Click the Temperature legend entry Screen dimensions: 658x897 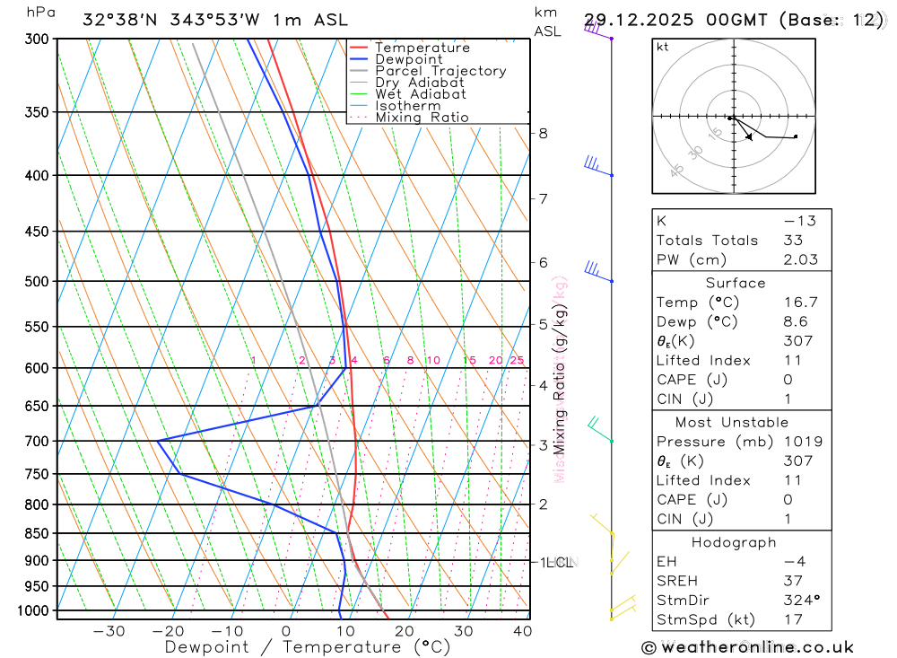(422, 48)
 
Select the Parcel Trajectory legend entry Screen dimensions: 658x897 (440, 71)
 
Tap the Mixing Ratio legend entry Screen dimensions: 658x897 (422, 118)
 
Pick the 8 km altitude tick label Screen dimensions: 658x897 (543, 133)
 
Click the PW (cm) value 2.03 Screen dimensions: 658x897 (800, 259)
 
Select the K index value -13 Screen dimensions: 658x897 (796, 221)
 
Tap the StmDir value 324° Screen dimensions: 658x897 (800, 601)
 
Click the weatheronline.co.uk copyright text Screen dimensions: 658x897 (747, 647)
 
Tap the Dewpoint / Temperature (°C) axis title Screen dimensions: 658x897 (307, 646)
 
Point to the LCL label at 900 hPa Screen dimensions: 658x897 (560, 562)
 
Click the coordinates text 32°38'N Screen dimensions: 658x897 (118, 19)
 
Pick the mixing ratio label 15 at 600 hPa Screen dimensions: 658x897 (469, 360)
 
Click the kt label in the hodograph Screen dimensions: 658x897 (662, 47)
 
